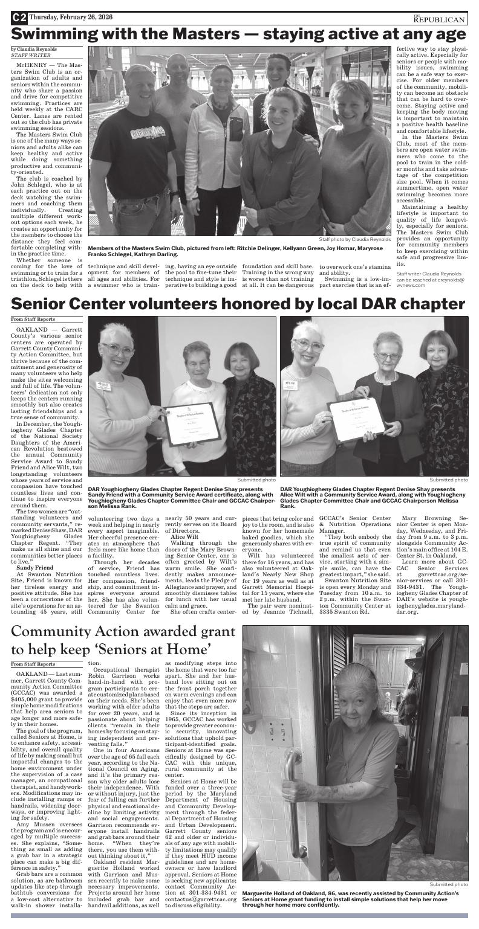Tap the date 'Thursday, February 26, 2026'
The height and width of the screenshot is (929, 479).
coord(74,18)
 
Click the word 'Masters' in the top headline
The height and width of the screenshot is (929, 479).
coord(181,34)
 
